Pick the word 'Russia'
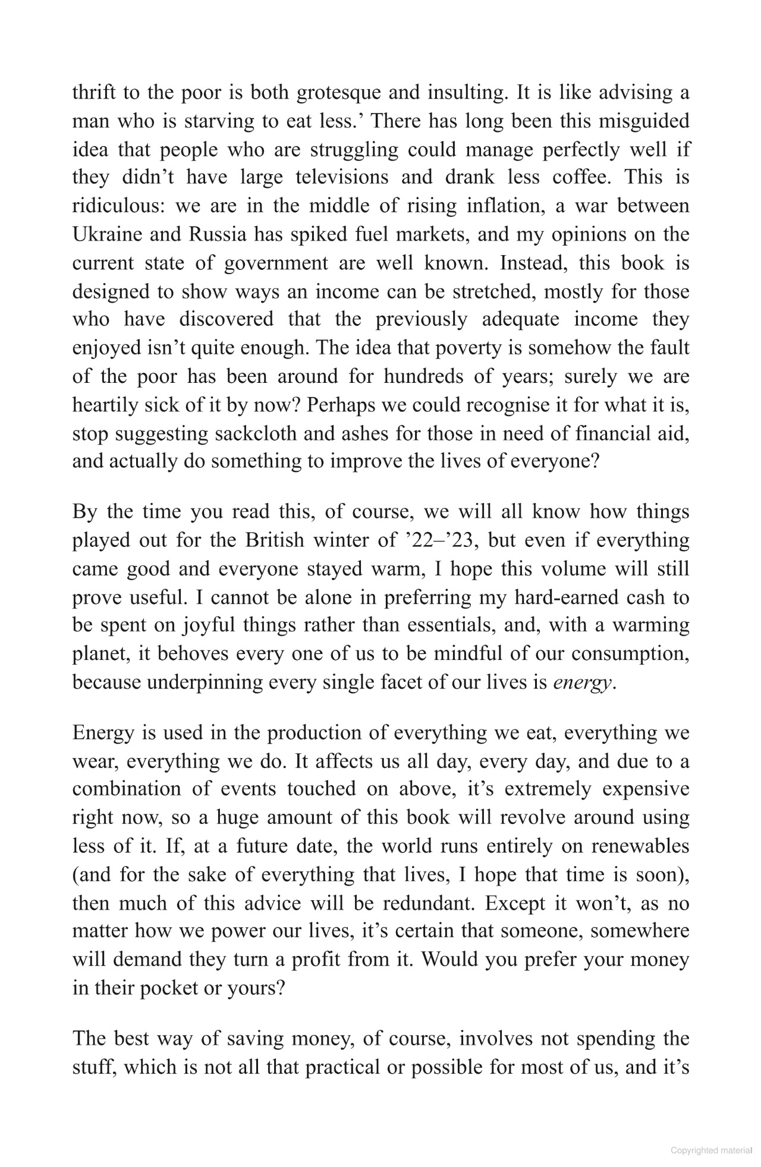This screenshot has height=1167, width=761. coord(218,234)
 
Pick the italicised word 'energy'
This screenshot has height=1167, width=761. coord(581,683)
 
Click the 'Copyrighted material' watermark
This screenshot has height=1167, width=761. coord(712,1150)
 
